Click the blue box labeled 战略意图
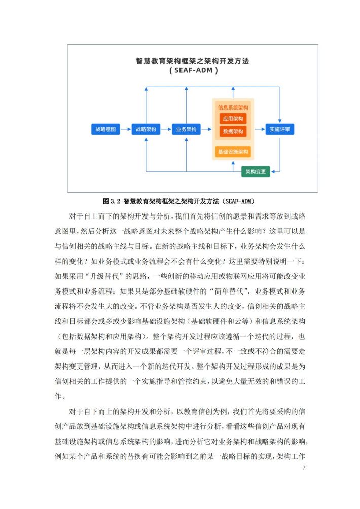click(x=105, y=129)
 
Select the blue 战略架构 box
click(x=146, y=129)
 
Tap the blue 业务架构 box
click(x=186, y=129)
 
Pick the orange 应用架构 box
click(x=233, y=119)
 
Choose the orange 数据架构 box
click(x=233, y=131)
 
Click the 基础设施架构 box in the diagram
click(x=233, y=152)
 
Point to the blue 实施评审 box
click(x=279, y=129)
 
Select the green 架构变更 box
click(x=256, y=171)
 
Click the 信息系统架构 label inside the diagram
click(x=233, y=107)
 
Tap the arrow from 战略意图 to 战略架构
click(x=125, y=129)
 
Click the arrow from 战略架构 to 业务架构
click(x=166, y=129)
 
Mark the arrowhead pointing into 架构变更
click(x=273, y=171)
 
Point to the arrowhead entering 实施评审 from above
click(x=280, y=121)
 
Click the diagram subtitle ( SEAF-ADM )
click(x=194, y=70)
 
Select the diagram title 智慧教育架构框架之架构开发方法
click(x=193, y=61)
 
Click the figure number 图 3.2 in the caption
click(x=112, y=201)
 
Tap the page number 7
click(x=304, y=468)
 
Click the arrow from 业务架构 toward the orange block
click(x=206, y=129)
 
